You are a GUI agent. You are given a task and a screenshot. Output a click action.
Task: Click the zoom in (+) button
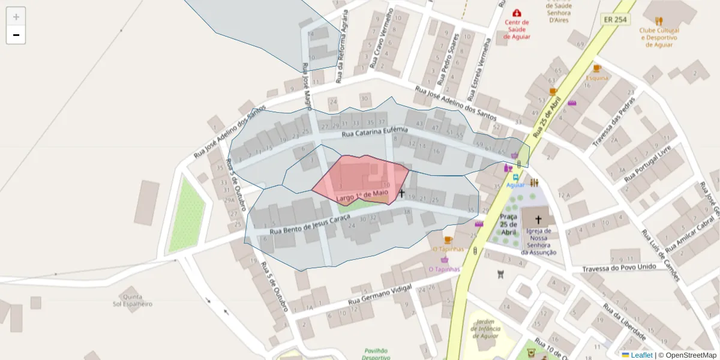(16, 17)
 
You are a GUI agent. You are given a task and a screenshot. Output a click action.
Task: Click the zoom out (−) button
(16, 35)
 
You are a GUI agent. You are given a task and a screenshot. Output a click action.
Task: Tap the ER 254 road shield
(615, 19)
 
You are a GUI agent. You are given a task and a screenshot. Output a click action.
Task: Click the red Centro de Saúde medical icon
(517, 13)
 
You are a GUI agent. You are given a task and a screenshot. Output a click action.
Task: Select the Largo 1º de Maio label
(362, 196)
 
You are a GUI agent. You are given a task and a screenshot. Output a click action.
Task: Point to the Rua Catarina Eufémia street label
(374, 133)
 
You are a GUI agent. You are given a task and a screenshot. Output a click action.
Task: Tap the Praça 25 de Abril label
(508, 224)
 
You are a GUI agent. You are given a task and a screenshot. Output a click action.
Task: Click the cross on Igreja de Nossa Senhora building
(538, 220)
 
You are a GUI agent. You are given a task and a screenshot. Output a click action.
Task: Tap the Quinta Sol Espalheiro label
(133, 300)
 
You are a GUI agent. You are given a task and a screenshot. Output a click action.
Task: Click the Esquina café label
(597, 77)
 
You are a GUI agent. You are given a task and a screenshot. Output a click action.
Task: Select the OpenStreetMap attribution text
(687, 355)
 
